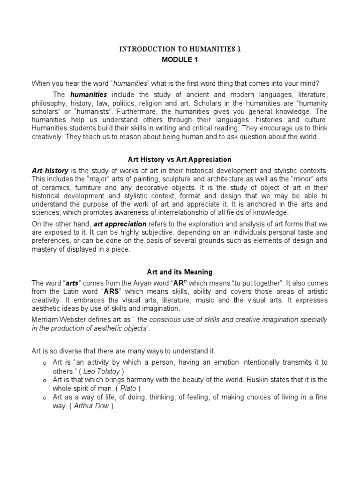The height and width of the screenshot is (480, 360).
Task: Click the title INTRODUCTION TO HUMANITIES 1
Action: click(180, 49)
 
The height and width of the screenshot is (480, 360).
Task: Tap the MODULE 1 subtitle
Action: click(180, 60)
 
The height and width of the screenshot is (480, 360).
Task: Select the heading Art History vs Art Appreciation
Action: click(180, 160)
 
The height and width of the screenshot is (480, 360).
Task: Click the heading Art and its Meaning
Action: click(180, 272)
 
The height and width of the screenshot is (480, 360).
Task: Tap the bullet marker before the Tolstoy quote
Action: click(44, 363)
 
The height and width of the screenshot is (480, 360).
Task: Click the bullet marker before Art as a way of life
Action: click(44, 397)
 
